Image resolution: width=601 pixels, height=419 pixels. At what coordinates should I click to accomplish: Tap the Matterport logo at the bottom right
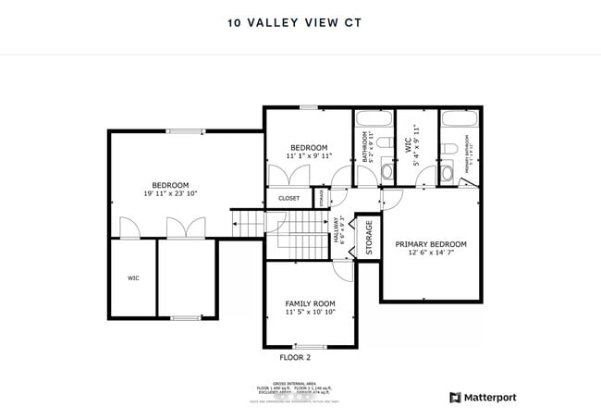[x=483, y=398]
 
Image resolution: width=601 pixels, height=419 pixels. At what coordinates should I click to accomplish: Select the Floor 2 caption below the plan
[x=295, y=357]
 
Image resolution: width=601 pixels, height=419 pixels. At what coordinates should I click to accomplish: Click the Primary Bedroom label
[x=431, y=244]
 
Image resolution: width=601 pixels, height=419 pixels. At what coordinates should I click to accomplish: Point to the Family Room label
[x=310, y=303]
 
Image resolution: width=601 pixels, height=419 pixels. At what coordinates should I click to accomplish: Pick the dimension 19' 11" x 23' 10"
[x=170, y=193]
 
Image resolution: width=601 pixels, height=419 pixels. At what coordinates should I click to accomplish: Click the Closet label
[x=288, y=198]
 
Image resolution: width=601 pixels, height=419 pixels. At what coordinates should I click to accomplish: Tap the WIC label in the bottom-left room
[x=132, y=277]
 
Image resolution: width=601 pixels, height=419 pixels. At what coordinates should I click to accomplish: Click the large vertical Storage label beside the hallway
[x=368, y=237]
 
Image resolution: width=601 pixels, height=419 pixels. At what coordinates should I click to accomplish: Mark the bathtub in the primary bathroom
[x=457, y=119]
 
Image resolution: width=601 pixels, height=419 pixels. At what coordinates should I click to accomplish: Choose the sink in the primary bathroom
[x=447, y=173]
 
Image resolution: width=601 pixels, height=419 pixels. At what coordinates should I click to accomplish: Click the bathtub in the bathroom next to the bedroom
[x=373, y=119]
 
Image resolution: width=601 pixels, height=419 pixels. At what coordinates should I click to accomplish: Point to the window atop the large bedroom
[x=185, y=130]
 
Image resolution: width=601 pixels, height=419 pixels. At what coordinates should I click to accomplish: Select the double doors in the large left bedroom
[x=178, y=228]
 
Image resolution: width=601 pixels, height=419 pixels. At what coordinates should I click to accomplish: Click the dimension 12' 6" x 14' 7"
[x=431, y=253]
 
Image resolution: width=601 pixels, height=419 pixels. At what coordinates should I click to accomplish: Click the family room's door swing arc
[x=343, y=269]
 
